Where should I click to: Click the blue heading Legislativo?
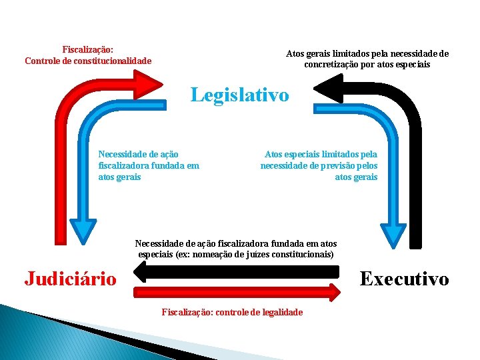click(x=240, y=95)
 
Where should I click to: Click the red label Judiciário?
click(x=70, y=278)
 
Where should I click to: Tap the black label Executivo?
click(x=404, y=279)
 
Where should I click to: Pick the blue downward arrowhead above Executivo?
click(x=393, y=235)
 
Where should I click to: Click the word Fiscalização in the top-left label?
click(x=87, y=50)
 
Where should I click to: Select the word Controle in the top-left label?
click(x=43, y=61)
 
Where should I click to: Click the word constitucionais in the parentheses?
click(x=304, y=254)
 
